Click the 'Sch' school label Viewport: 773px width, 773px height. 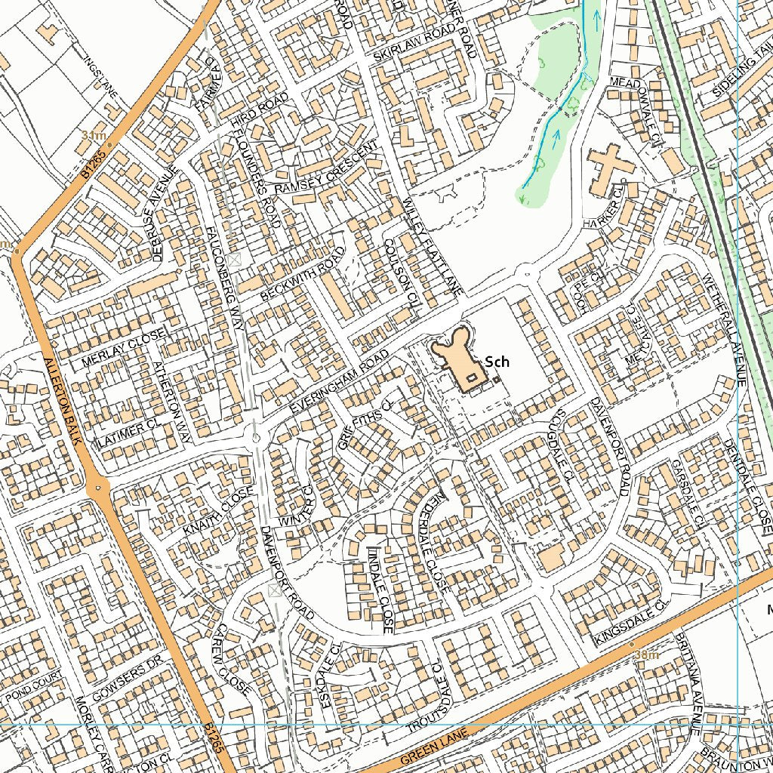point(497,362)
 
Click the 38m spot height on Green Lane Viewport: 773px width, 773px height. point(646,654)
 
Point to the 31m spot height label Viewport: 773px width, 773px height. point(93,135)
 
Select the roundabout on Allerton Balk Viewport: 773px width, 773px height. point(98,488)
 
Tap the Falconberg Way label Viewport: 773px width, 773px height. point(223,272)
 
